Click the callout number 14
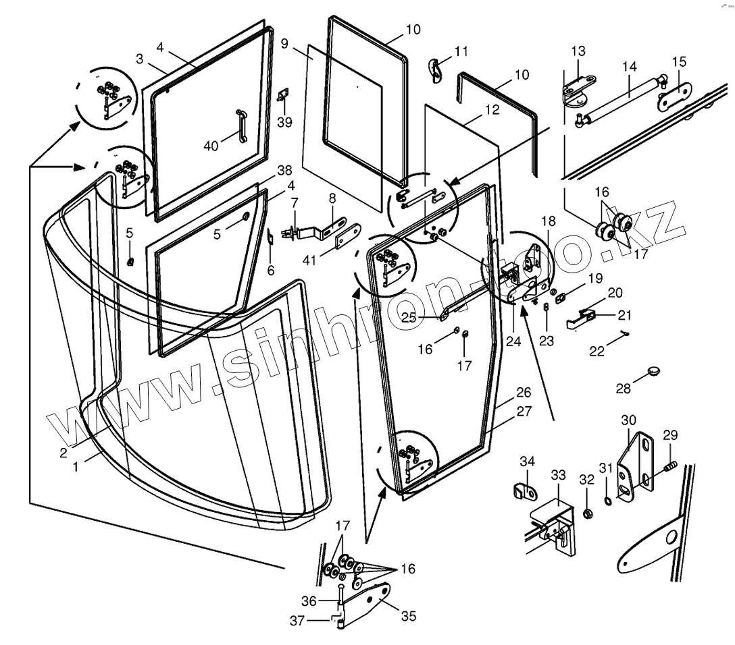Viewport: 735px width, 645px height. tap(630, 67)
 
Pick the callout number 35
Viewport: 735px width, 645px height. tap(408, 616)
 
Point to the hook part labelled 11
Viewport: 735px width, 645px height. tap(436, 70)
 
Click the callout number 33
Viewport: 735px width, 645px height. tap(557, 475)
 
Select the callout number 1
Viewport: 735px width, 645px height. tap(76, 466)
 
